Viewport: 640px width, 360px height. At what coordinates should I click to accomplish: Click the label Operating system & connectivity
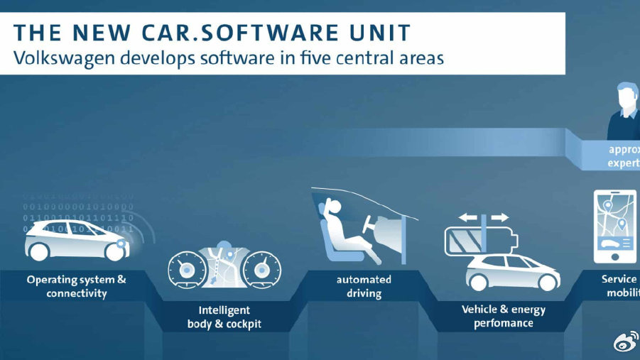pos(77,286)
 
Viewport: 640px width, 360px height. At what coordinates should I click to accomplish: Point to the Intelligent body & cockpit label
pos(224,317)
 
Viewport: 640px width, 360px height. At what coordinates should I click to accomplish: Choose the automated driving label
pos(364,286)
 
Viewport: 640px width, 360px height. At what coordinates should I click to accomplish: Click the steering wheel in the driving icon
pos(371,226)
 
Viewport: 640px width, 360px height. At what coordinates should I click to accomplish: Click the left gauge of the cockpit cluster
pos(187,269)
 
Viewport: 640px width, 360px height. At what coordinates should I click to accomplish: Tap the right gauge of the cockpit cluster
pos(261,269)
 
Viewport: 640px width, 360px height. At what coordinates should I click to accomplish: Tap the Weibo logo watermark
pos(624,343)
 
